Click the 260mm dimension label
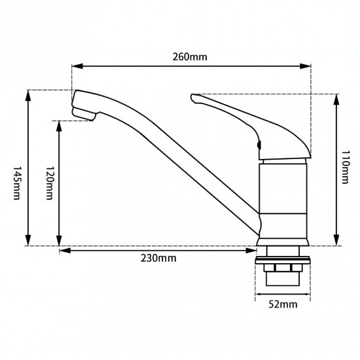[190, 57]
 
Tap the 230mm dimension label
[158, 259]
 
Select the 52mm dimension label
[283, 304]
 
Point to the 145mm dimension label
[16, 183]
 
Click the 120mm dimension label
[50, 183]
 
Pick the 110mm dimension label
[345, 167]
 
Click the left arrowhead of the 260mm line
[77, 66]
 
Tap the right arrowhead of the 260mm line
[306, 66]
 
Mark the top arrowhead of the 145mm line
[28, 96]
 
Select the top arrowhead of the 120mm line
[59, 126]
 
